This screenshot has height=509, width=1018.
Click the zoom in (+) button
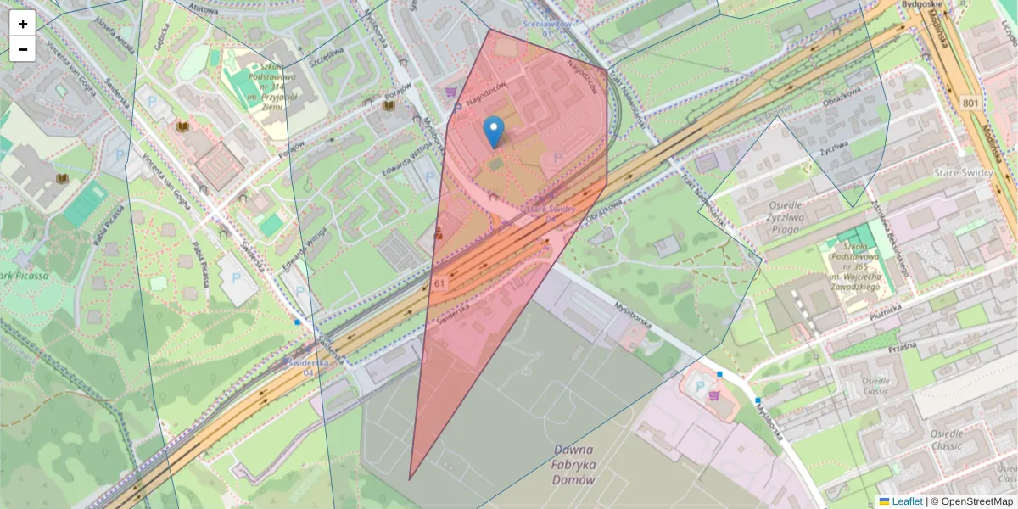(x=23, y=23)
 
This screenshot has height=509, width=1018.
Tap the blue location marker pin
(x=493, y=132)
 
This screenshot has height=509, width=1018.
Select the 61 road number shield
(x=439, y=282)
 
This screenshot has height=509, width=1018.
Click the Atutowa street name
(x=204, y=8)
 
